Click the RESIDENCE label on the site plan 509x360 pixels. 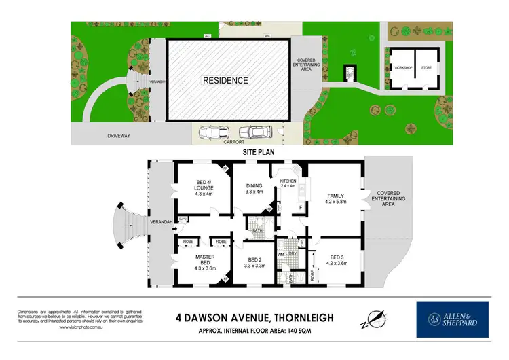226,80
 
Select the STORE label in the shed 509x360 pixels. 426,67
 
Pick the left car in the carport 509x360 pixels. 212,132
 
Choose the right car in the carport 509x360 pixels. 254,132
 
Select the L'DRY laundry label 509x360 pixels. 293,254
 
